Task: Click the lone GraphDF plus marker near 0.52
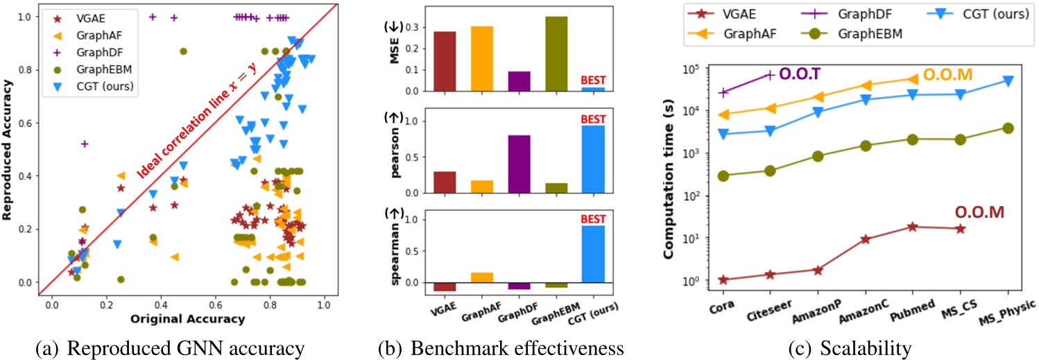[x=85, y=144]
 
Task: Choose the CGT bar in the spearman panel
[x=594, y=254]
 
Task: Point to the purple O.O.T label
[x=802, y=73]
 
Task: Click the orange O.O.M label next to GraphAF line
[x=946, y=73]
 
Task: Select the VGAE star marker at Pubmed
[x=912, y=227]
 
